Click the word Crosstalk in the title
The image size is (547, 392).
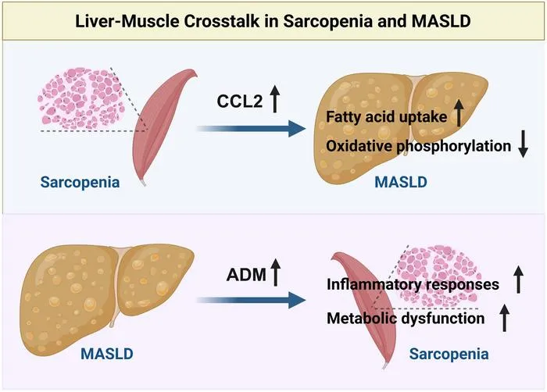tap(221, 21)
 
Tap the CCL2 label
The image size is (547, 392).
tap(239, 102)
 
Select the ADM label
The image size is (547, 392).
tap(246, 274)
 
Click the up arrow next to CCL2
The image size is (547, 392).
tap(275, 98)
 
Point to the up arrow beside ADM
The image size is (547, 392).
tap(276, 273)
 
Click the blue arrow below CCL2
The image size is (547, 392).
tap(251, 128)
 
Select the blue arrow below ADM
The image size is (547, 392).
tap(251, 301)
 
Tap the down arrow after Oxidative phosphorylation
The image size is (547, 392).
tap(523, 144)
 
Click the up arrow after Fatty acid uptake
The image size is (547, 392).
tap(459, 112)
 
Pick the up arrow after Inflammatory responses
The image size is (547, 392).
tap(518, 279)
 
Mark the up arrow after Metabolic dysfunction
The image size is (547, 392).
tap(505, 317)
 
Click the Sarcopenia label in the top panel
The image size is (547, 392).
tap(80, 182)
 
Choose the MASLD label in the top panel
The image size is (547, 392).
tap(401, 182)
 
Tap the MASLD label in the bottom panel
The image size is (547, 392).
tap(107, 354)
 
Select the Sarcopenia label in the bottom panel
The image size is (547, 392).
tap(449, 354)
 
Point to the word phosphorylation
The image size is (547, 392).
tap(454, 146)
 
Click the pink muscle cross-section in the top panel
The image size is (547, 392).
tap(81, 98)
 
